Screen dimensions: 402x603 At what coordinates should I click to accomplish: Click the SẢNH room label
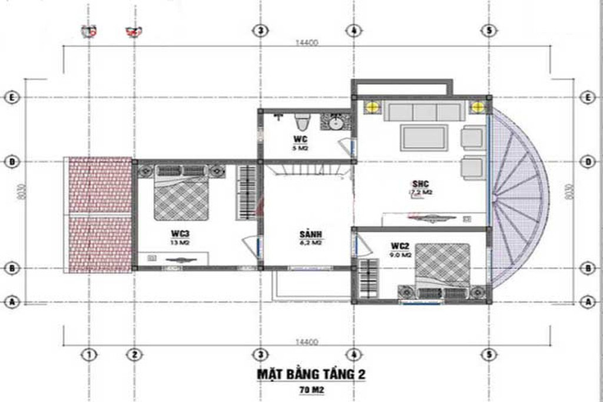pyautogui.click(x=310, y=234)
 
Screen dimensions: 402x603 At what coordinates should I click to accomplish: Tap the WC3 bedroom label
pyautogui.click(x=175, y=234)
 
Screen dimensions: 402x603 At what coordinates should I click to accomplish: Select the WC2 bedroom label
pyautogui.click(x=400, y=245)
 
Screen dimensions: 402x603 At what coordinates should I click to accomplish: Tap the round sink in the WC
pyautogui.click(x=337, y=124)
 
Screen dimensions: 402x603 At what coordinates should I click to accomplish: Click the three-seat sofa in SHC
pyautogui.click(x=423, y=112)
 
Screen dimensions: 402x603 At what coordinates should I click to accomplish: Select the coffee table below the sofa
pyautogui.click(x=423, y=138)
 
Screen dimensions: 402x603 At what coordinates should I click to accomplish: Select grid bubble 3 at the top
pyautogui.click(x=260, y=31)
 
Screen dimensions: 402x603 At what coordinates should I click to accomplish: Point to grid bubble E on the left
pyautogui.click(x=11, y=97)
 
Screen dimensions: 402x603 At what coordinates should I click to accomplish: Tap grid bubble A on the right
pyautogui.click(x=587, y=301)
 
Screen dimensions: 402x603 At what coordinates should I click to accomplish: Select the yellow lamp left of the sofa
pyautogui.click(x=372, y=107)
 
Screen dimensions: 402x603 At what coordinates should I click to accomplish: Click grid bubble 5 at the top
pyautogui.click(x=488, y=31)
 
